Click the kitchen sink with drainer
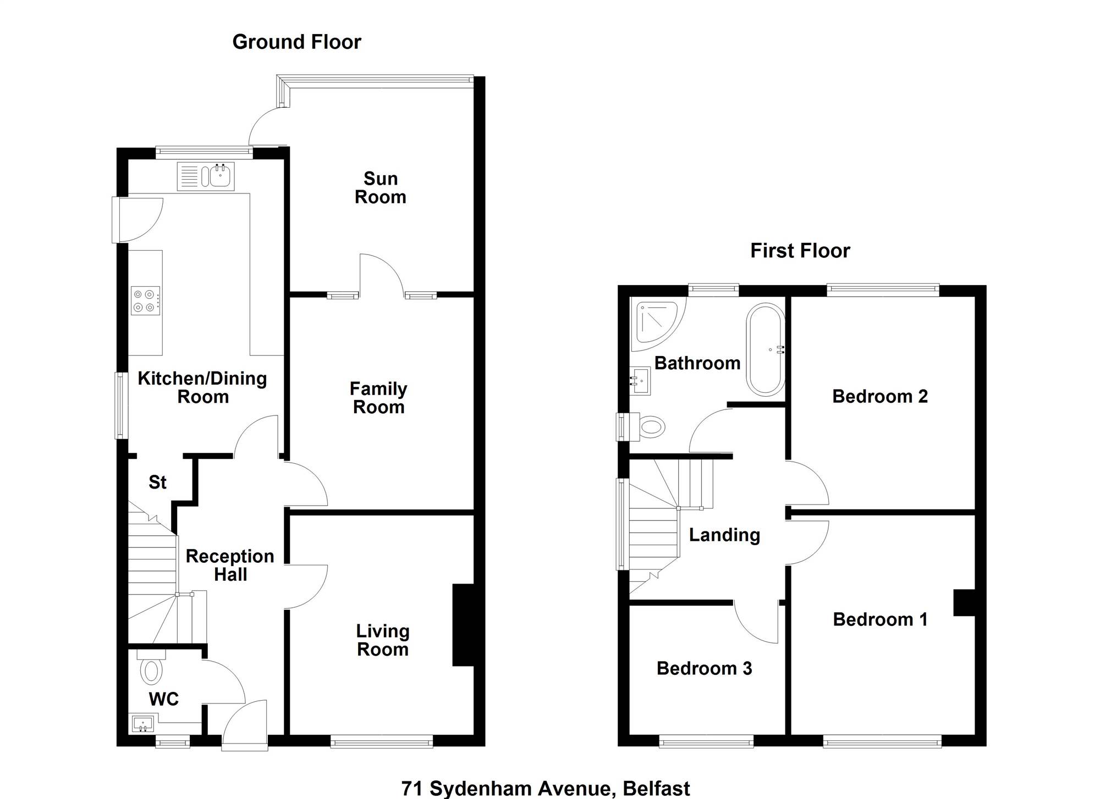[206, 176]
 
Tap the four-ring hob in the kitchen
[145, 301]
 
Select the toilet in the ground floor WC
[150, 667]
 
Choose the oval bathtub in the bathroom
[766, 349]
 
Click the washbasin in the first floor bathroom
[640, 381]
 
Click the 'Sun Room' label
[381, 188]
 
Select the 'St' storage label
[157, 482]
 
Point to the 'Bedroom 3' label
[704, 668]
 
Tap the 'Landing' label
[724, 535]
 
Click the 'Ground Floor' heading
[297, 42]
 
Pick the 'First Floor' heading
[800, 251]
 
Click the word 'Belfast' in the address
[656, 789]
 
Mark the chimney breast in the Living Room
[463, 625]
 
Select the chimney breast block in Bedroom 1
[964, 603]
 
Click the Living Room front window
[382, 742]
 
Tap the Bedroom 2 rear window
[883, 290]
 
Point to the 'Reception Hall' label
[230, 565]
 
